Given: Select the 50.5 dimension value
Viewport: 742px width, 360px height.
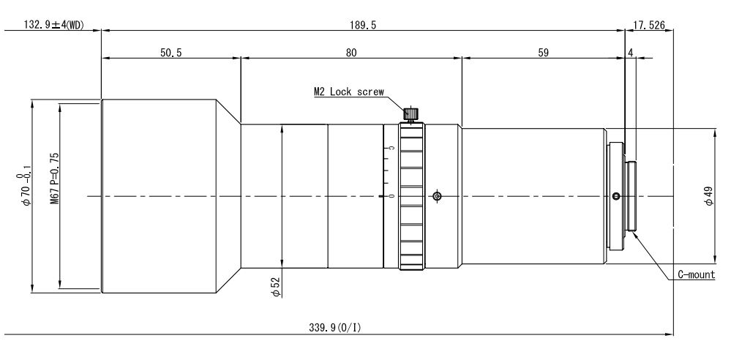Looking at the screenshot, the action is (170, 53).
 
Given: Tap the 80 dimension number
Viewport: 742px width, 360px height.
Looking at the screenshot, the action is (351, 53).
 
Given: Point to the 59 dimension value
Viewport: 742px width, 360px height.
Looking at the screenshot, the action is (543, 53).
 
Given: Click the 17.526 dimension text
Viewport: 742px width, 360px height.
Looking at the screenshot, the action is (649, 25).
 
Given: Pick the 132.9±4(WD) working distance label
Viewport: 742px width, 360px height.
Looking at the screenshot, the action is (53, 25).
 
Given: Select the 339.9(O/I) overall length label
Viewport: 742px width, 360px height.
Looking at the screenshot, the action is (335, 327).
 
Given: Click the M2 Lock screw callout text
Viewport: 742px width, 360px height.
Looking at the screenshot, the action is (349, 91).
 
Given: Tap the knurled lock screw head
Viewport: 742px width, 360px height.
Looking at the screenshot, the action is (411, 113).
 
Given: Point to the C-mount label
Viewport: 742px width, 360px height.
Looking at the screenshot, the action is (696, 274).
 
